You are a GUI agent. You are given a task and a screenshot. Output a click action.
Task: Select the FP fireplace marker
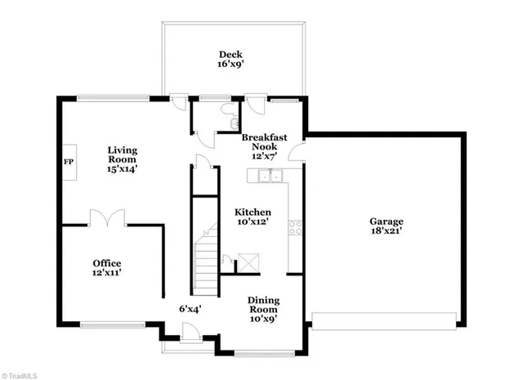pyautogui.click(x=68, y=160)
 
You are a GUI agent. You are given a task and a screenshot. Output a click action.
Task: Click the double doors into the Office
pyautogui.click(x=107, y=218)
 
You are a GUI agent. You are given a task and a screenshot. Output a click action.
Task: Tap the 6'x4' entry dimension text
pyautogui.click(x=190, y=309)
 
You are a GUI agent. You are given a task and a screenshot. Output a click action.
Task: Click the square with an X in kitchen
pyautogui.click(x=246, y=263)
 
